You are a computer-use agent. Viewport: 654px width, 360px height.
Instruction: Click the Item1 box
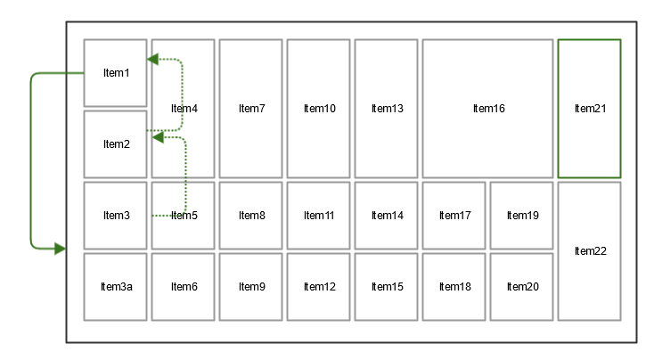point(115,73)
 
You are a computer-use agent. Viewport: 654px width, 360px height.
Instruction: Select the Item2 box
point(115,144)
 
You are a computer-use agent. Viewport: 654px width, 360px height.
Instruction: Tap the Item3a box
point(115,287)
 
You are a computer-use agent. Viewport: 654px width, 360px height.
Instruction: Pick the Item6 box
point(183,287)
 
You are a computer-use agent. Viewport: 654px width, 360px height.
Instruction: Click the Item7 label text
point(251,109)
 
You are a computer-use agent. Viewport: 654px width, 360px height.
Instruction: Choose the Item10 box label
point(319,109)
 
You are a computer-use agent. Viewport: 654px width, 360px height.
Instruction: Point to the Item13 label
point(387,109)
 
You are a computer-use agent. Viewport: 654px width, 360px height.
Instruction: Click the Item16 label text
point(488,109)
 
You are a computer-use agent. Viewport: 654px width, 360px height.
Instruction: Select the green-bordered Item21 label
point(589,109)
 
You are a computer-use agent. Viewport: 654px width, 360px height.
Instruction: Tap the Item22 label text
point(589,251)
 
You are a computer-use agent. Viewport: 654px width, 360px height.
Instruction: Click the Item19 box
point(521,216)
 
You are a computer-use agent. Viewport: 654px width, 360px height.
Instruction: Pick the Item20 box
point(521,287)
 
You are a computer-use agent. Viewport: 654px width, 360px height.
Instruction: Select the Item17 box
point(454,216)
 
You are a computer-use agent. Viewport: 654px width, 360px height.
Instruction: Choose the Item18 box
point(454,287)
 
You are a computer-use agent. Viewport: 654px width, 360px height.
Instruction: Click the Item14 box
point(387,216)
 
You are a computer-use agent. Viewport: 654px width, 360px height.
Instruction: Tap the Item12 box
point(319,287)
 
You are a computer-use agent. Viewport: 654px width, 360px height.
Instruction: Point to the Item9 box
point(251,287)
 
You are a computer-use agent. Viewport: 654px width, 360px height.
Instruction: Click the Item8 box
point(251,216)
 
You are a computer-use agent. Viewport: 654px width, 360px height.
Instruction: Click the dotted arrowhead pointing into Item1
point(152,60)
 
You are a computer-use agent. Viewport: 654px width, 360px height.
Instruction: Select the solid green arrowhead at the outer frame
point(60,249)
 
